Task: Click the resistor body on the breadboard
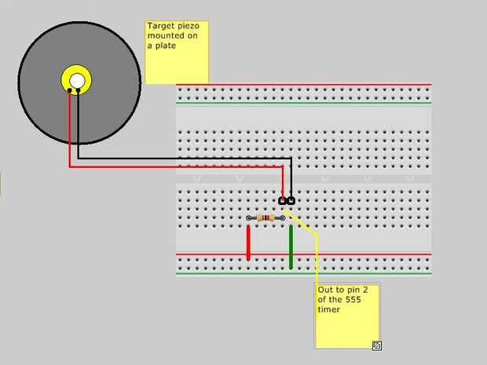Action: click(x=266, y=217)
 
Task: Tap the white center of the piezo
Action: click(x=76, y=80)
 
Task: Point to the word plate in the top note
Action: click(x=165, y=46)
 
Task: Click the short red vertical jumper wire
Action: click(x=248, y=243)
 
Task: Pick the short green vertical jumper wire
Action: click(x=291, y=246)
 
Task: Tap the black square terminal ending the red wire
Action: click(x=283, y=202)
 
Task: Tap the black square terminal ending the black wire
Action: click(x=291, y=202)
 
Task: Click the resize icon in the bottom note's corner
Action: click(x=376, y=345)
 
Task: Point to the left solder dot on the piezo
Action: click(x=69, y=91)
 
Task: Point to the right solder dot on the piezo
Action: click(x=79, y=91)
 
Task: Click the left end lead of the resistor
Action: click(x=251, y=217)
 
